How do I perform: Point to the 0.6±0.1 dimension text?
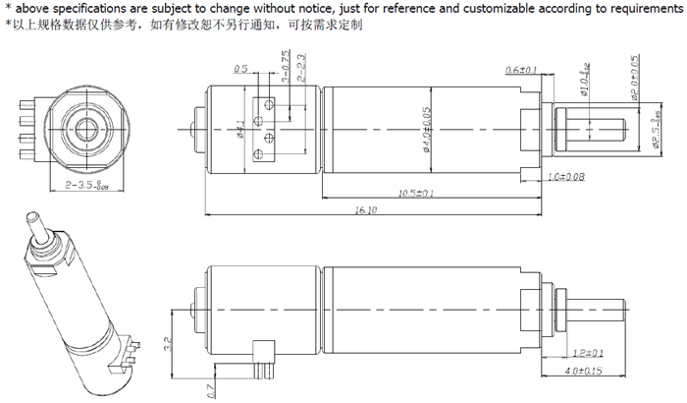click(521, 71)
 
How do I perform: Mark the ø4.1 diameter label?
click(239, 129)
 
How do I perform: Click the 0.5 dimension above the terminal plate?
click(240, 70)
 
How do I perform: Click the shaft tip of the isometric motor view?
click(35, 215)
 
